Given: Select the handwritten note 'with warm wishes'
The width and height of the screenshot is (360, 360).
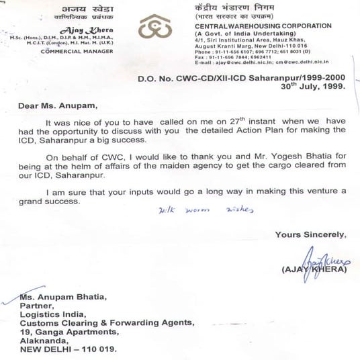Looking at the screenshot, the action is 205,210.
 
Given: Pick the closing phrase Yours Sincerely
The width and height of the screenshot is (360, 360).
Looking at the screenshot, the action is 310,234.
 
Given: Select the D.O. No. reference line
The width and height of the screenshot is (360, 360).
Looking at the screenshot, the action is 242,78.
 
